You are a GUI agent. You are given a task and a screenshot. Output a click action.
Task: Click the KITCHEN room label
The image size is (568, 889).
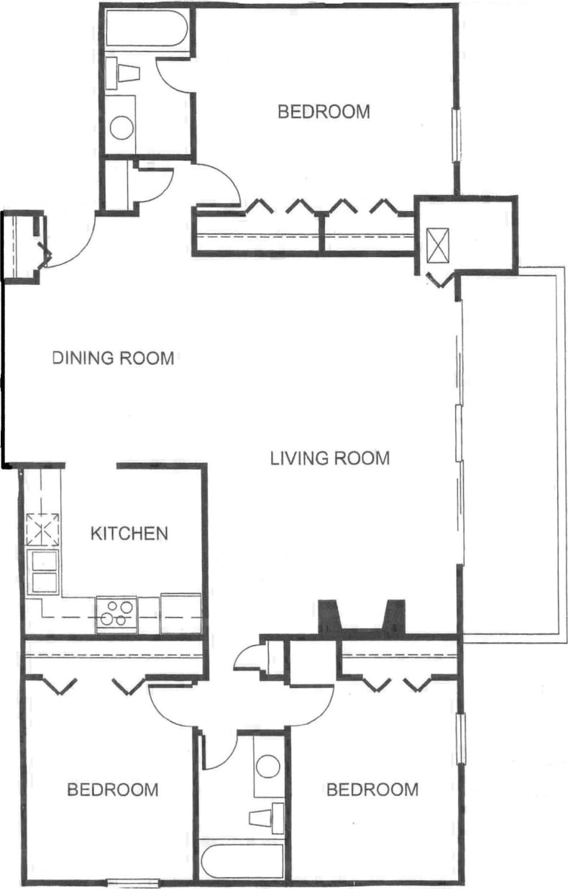pos(129,533)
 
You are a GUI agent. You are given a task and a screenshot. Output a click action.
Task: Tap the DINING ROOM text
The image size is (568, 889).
pos(114,358)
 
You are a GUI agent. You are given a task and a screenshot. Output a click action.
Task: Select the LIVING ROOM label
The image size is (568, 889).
pos(330,458)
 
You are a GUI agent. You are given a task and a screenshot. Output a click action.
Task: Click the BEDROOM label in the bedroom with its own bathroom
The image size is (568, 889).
pos(324,112)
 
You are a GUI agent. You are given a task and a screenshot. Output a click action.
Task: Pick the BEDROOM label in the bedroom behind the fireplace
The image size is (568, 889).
pos(372,790)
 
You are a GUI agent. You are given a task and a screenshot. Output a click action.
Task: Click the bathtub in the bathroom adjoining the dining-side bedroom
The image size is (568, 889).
pos(147,28)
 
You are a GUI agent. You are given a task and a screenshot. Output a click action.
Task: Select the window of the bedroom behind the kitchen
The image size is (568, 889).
pos(132,883)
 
